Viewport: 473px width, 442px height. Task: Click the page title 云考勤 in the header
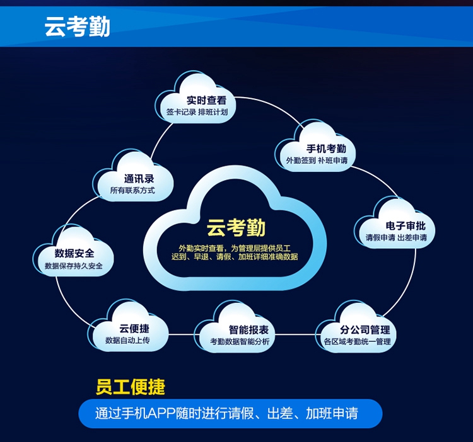coord(77,27)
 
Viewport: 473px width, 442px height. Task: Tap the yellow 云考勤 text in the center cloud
coord(237,228)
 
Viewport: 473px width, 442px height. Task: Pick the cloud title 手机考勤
coord(326,149)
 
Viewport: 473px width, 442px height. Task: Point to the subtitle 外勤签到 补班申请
coord(317,161)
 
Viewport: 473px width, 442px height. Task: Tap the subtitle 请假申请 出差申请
coord(396,238)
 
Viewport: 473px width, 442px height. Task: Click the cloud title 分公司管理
coord(365,330)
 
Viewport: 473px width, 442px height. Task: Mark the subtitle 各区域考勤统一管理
coord(358,342)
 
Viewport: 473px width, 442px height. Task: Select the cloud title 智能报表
coord(248,330)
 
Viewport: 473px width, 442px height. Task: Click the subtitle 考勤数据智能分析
coord(240,342)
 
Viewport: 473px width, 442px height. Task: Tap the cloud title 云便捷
coord(134,329)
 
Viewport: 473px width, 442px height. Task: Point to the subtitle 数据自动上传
coord(127,341)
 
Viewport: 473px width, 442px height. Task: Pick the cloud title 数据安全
coord(74,253)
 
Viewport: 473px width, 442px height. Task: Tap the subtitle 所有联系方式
coord(132,190)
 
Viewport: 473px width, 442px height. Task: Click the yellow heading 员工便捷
coord(131,386)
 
